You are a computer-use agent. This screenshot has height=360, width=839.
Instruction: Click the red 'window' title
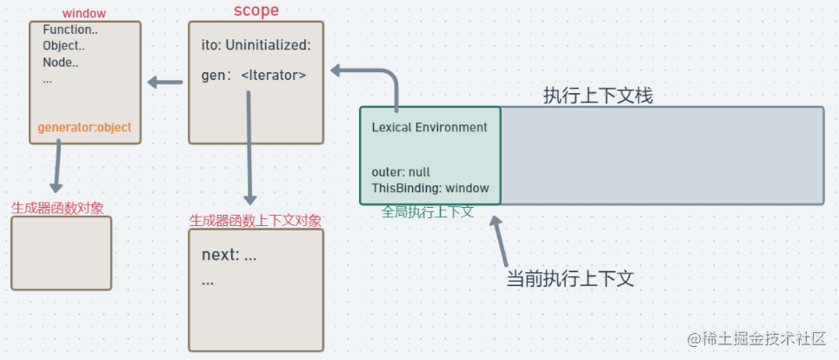click(84, 14)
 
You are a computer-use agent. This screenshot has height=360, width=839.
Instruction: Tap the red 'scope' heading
click(256, 10)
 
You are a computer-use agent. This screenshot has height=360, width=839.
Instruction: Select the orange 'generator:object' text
click(84, 127)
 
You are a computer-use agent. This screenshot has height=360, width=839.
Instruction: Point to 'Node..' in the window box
click(60, 62)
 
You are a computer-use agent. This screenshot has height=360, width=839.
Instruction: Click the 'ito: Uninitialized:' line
click(256, 45)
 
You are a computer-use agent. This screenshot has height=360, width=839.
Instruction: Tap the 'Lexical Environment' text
click(429, 127)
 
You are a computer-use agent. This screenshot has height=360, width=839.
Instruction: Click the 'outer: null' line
click(401, 172)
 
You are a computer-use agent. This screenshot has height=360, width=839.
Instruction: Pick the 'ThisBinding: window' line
click(430, 188)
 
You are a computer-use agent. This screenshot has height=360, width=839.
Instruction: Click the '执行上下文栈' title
click(598, 96)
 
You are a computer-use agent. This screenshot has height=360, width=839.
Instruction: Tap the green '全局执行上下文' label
click(428, 211)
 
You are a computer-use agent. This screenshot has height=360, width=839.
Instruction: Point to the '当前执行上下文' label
click(570, 279)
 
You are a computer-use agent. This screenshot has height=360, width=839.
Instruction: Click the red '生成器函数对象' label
click(57, 208)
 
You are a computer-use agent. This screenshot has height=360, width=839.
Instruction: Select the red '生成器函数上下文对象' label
click(256, 221)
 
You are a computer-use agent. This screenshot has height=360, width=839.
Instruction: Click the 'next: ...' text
click(229, 255)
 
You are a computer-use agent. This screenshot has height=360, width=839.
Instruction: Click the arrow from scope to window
click(165, 83)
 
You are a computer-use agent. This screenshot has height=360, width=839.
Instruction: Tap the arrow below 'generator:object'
click(57, 165)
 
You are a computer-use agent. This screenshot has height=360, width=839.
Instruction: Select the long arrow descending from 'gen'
click(250, 148)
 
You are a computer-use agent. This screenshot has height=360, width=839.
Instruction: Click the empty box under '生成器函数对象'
click(61, 253)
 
